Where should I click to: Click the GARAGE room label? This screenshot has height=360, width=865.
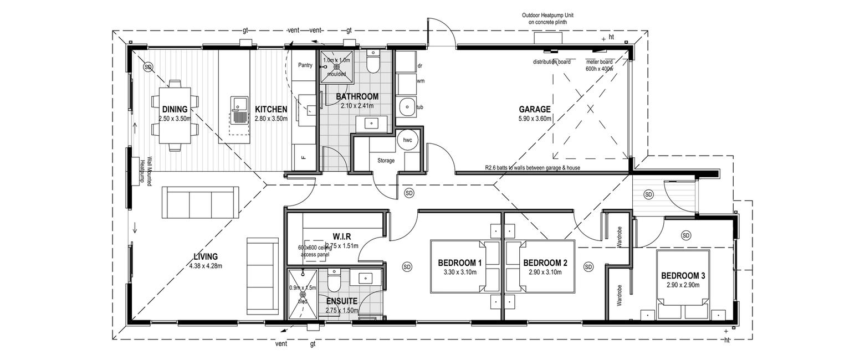pos(534,110)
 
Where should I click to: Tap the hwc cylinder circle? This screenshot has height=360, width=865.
pos(408,140)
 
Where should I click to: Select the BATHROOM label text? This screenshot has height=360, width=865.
pos(357,96)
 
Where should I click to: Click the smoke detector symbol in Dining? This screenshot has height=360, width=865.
pos(148,67)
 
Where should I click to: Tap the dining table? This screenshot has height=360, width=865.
pos(175,115)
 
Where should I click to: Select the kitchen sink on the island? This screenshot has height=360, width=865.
pos(239,110)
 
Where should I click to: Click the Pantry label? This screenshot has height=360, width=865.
pos(305,65)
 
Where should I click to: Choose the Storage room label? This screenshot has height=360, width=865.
pos(386,161)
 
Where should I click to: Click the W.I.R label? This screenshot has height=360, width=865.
pos(342,236)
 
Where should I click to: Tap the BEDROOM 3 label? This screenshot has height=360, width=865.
pos(683,276)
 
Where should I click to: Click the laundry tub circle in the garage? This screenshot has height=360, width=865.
pos(407,107)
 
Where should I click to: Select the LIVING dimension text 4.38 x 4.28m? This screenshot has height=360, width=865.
pos(206,266)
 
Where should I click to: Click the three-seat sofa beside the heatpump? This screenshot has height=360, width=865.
pos(201,202)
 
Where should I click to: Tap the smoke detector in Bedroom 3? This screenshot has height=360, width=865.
pos(686,235)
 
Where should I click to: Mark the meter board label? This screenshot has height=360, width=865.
pos(600,61)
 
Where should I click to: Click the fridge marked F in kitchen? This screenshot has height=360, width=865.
pos(303,157)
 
